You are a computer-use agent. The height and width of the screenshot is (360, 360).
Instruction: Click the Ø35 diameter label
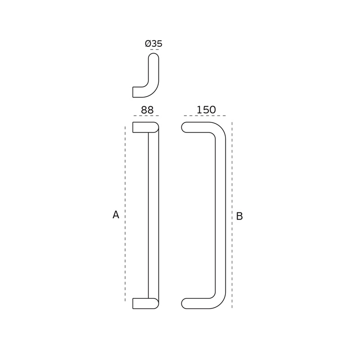pyautogui.click(x=153, y=44)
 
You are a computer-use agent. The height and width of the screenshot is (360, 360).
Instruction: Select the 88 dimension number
pyautogui.click(x=147, y=110)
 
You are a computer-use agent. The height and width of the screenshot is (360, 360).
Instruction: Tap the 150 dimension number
pyautogui.click(x=206, y=110)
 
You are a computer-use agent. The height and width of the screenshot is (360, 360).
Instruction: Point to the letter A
pyautogui.click(x=116, y=215)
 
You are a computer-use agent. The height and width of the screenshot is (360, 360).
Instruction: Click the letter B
pyautogui.click(x=239, y=216)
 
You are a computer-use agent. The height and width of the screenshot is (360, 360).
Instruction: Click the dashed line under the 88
pyautogui.click(x=146, y=116)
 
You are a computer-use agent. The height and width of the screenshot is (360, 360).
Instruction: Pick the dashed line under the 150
pyautogui.click(x=205, y=116)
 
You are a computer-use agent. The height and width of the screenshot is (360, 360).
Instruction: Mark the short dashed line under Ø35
pyautogui.click(x=154, y=49)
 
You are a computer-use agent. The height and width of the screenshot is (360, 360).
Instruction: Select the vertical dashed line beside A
pyautogui.click(x=125, y=214)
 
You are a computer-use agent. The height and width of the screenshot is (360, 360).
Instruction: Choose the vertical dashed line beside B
pyautogui.click(x=232, y=215)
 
